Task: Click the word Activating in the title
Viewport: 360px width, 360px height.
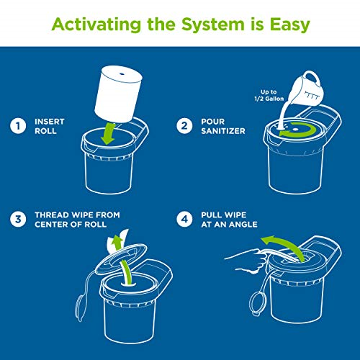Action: coord(96,24)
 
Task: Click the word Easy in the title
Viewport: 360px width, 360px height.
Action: coord(290,25)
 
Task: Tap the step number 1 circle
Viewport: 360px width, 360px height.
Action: coord(18,126)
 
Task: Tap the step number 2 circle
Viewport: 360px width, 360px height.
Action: coord(184,126)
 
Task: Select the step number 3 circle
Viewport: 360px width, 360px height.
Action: coord(18,220)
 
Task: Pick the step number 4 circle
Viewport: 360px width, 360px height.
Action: coord(184,220)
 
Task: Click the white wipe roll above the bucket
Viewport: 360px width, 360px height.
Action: coord(118,94)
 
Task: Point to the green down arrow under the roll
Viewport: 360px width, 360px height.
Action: coord(108,133)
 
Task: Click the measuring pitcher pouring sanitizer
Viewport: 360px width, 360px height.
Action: coord(307,89)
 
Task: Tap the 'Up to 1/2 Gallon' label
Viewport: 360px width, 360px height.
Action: coord(269,95)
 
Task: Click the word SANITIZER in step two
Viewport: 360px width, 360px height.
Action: coord(223,131)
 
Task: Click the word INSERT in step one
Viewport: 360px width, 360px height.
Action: coord(50,122)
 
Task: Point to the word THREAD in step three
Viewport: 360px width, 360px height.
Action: coord(52,215)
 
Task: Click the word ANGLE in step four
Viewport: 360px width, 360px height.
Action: coord(243,225)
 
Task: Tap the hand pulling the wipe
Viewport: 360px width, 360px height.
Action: coord(246,261)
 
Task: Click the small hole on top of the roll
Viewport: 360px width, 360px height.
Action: coord(122,74)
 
